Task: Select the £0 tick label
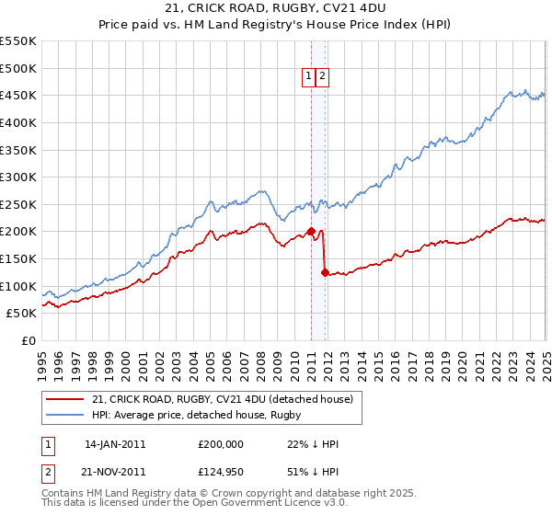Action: point(29,340)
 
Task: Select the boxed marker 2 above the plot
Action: point(324,77)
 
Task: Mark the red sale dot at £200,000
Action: point(311,232)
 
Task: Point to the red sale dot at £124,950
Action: point(325,272)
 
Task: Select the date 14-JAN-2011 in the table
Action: point(115,444)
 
